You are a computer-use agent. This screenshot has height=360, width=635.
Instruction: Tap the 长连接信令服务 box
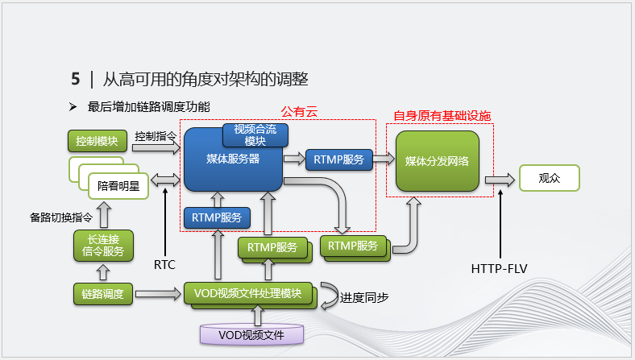[102, 246]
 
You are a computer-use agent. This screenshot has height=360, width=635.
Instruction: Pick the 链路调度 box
[102, 293]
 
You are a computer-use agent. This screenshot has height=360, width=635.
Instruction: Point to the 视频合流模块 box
[255, 134]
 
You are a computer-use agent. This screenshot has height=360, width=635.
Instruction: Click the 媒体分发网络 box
[437, 160]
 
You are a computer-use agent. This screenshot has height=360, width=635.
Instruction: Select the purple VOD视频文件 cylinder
[252, 333]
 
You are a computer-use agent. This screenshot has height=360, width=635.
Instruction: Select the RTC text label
[164, 263]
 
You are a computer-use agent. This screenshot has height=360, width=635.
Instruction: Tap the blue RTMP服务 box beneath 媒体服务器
[218, 217]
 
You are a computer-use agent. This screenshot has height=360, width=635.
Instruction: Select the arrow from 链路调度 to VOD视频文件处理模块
[157, 293]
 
